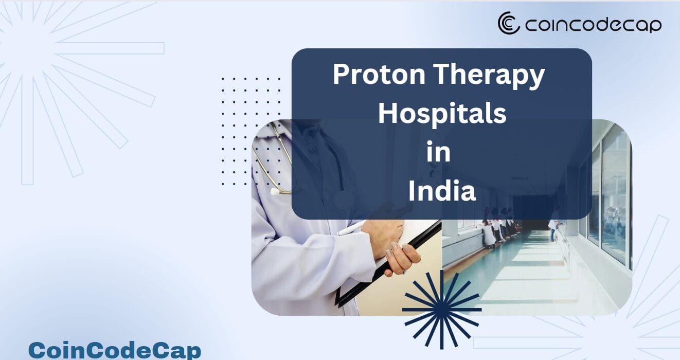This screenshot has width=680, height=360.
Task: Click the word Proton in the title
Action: pyautogui.click(x=379, y=74)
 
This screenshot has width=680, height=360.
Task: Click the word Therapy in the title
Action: pyautogui.click(x=489, y=76)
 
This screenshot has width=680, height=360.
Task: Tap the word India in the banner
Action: pyautogui.click(x=442, y=191)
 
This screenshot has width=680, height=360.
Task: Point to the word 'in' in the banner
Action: pyautogui.click(x=439, y=152)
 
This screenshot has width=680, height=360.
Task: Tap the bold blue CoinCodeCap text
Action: pyautogui.click(x=115, y=351)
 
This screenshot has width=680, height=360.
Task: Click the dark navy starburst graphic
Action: pyautogui.click(x=442, y=310)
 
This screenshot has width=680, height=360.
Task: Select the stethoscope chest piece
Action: pyautogui.click(x=276, y=191)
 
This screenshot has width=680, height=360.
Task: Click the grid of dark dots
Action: pyautogui.click(x=250, y=132)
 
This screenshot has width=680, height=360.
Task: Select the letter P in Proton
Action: pyautogui.click(x=341, y=74)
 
